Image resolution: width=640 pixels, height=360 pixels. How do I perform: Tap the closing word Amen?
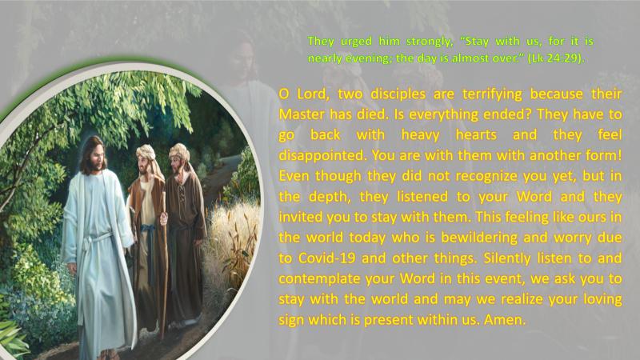click(505, 319)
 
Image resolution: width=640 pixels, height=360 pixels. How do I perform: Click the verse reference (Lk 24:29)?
click(556, 58)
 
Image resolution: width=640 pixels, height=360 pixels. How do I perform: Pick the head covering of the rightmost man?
click(179, 153)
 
